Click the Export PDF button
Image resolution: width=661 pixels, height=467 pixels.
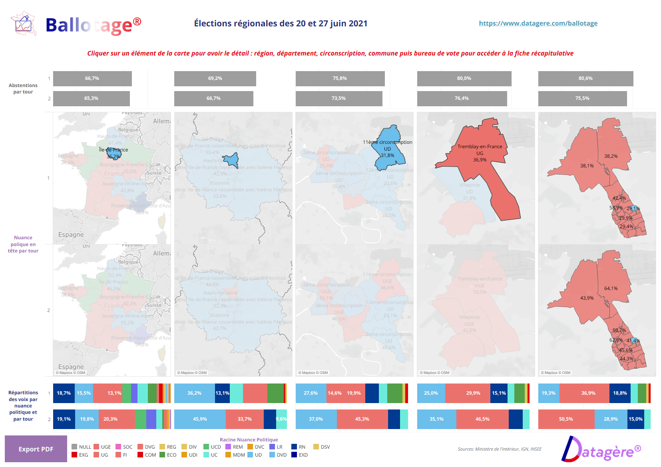36,449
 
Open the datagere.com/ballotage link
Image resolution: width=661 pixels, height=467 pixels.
538,23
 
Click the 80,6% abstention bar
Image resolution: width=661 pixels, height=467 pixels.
585,78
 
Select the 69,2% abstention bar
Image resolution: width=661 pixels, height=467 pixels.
215,78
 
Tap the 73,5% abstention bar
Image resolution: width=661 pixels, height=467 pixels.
338,98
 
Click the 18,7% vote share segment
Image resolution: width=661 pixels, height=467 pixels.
64,393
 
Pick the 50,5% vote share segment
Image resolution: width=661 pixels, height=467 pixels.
566,419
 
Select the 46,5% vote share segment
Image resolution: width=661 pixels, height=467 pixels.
482,419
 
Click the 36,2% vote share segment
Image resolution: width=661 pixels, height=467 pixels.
194,393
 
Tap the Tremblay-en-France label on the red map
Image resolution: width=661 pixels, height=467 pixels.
480,147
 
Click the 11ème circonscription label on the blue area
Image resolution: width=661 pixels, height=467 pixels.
387,142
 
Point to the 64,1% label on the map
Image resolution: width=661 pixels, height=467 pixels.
611,288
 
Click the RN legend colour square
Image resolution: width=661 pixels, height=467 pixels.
294,447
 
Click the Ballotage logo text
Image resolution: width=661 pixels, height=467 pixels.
93,25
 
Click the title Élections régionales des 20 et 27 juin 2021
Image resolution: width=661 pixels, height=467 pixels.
281,23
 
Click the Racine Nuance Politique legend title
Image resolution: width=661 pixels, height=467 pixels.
249,439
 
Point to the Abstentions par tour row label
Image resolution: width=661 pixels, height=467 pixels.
23,88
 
